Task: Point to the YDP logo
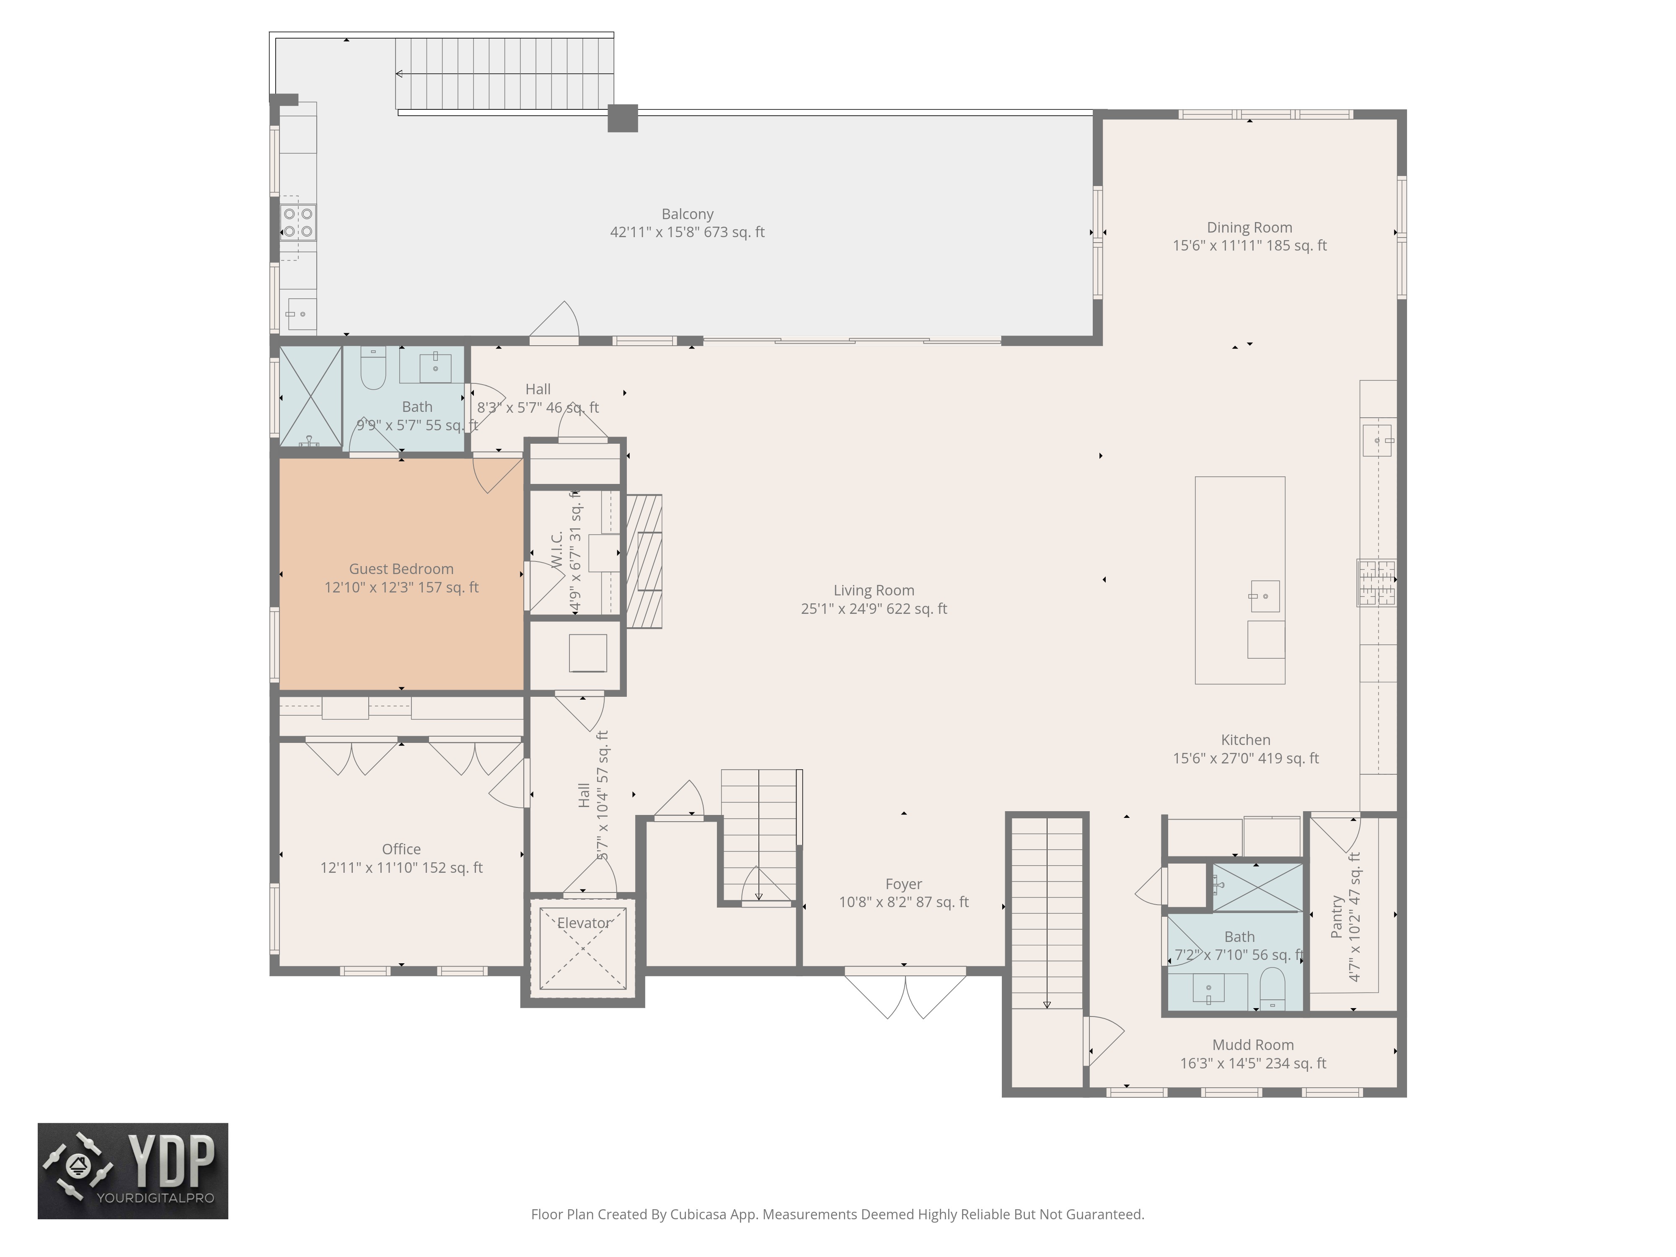132,1171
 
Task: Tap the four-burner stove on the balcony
298,222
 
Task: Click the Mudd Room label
1252,1045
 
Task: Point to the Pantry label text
1337,917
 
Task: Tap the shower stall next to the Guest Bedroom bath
310,396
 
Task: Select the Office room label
401,849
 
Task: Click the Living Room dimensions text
874,608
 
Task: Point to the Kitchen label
1245,740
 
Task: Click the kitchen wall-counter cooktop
1376,583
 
